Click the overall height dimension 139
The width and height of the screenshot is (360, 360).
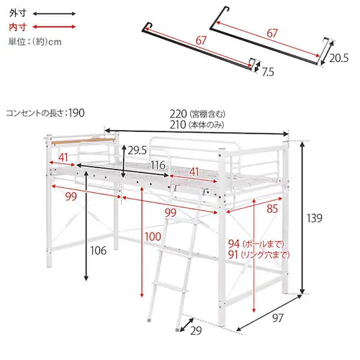314,218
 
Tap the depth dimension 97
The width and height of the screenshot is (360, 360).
278,318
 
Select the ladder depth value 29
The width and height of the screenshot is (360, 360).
196,330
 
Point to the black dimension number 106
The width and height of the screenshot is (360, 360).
98,251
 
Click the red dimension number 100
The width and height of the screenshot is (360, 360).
153,237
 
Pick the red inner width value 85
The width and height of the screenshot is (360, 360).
272,209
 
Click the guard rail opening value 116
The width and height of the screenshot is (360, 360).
158,165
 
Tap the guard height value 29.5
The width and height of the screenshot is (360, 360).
137,150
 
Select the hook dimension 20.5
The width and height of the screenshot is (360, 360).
338,58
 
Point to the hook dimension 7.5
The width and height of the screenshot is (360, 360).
268,72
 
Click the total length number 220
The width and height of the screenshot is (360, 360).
178,114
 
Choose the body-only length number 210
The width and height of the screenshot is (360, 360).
178,125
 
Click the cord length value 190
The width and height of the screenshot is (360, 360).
76,113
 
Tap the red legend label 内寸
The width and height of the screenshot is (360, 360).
17,27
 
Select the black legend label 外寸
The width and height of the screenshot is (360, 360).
17,13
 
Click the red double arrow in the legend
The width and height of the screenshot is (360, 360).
54,27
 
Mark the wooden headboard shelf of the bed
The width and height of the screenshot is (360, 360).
83,141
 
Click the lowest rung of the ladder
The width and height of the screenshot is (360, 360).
170,288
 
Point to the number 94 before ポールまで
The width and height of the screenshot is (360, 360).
234,244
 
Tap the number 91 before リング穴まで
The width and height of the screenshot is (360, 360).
233,255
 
